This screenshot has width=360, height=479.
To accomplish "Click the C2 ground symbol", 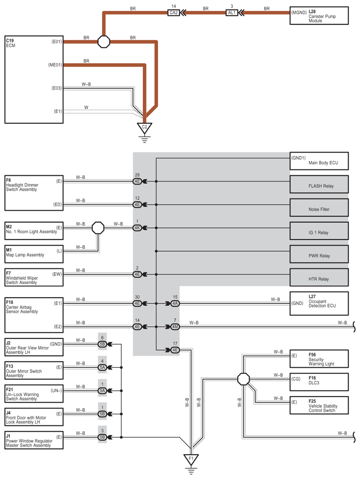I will point(144,128).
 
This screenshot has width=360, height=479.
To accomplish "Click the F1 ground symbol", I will point(191,459).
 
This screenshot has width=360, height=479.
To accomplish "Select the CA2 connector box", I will point(173,13).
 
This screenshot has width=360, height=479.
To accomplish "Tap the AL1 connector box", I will point(232,13).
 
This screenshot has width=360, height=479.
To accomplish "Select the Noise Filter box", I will point(319,208).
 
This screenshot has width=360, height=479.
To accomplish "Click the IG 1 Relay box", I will point(319,232).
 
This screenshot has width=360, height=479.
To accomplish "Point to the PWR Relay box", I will point(319,255).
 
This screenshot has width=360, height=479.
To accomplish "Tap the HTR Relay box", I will point(319,278).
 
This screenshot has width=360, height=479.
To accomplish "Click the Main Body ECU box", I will point(319,162).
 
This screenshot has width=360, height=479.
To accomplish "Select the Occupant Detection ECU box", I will point(319,303).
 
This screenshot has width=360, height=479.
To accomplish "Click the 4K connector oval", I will point(138,228).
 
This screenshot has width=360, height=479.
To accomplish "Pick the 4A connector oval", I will point(175,303).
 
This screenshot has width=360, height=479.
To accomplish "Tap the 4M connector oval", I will point(175,327).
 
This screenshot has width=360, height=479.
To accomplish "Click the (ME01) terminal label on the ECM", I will point(55,65).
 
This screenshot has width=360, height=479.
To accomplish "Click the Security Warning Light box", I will point(319,358).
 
